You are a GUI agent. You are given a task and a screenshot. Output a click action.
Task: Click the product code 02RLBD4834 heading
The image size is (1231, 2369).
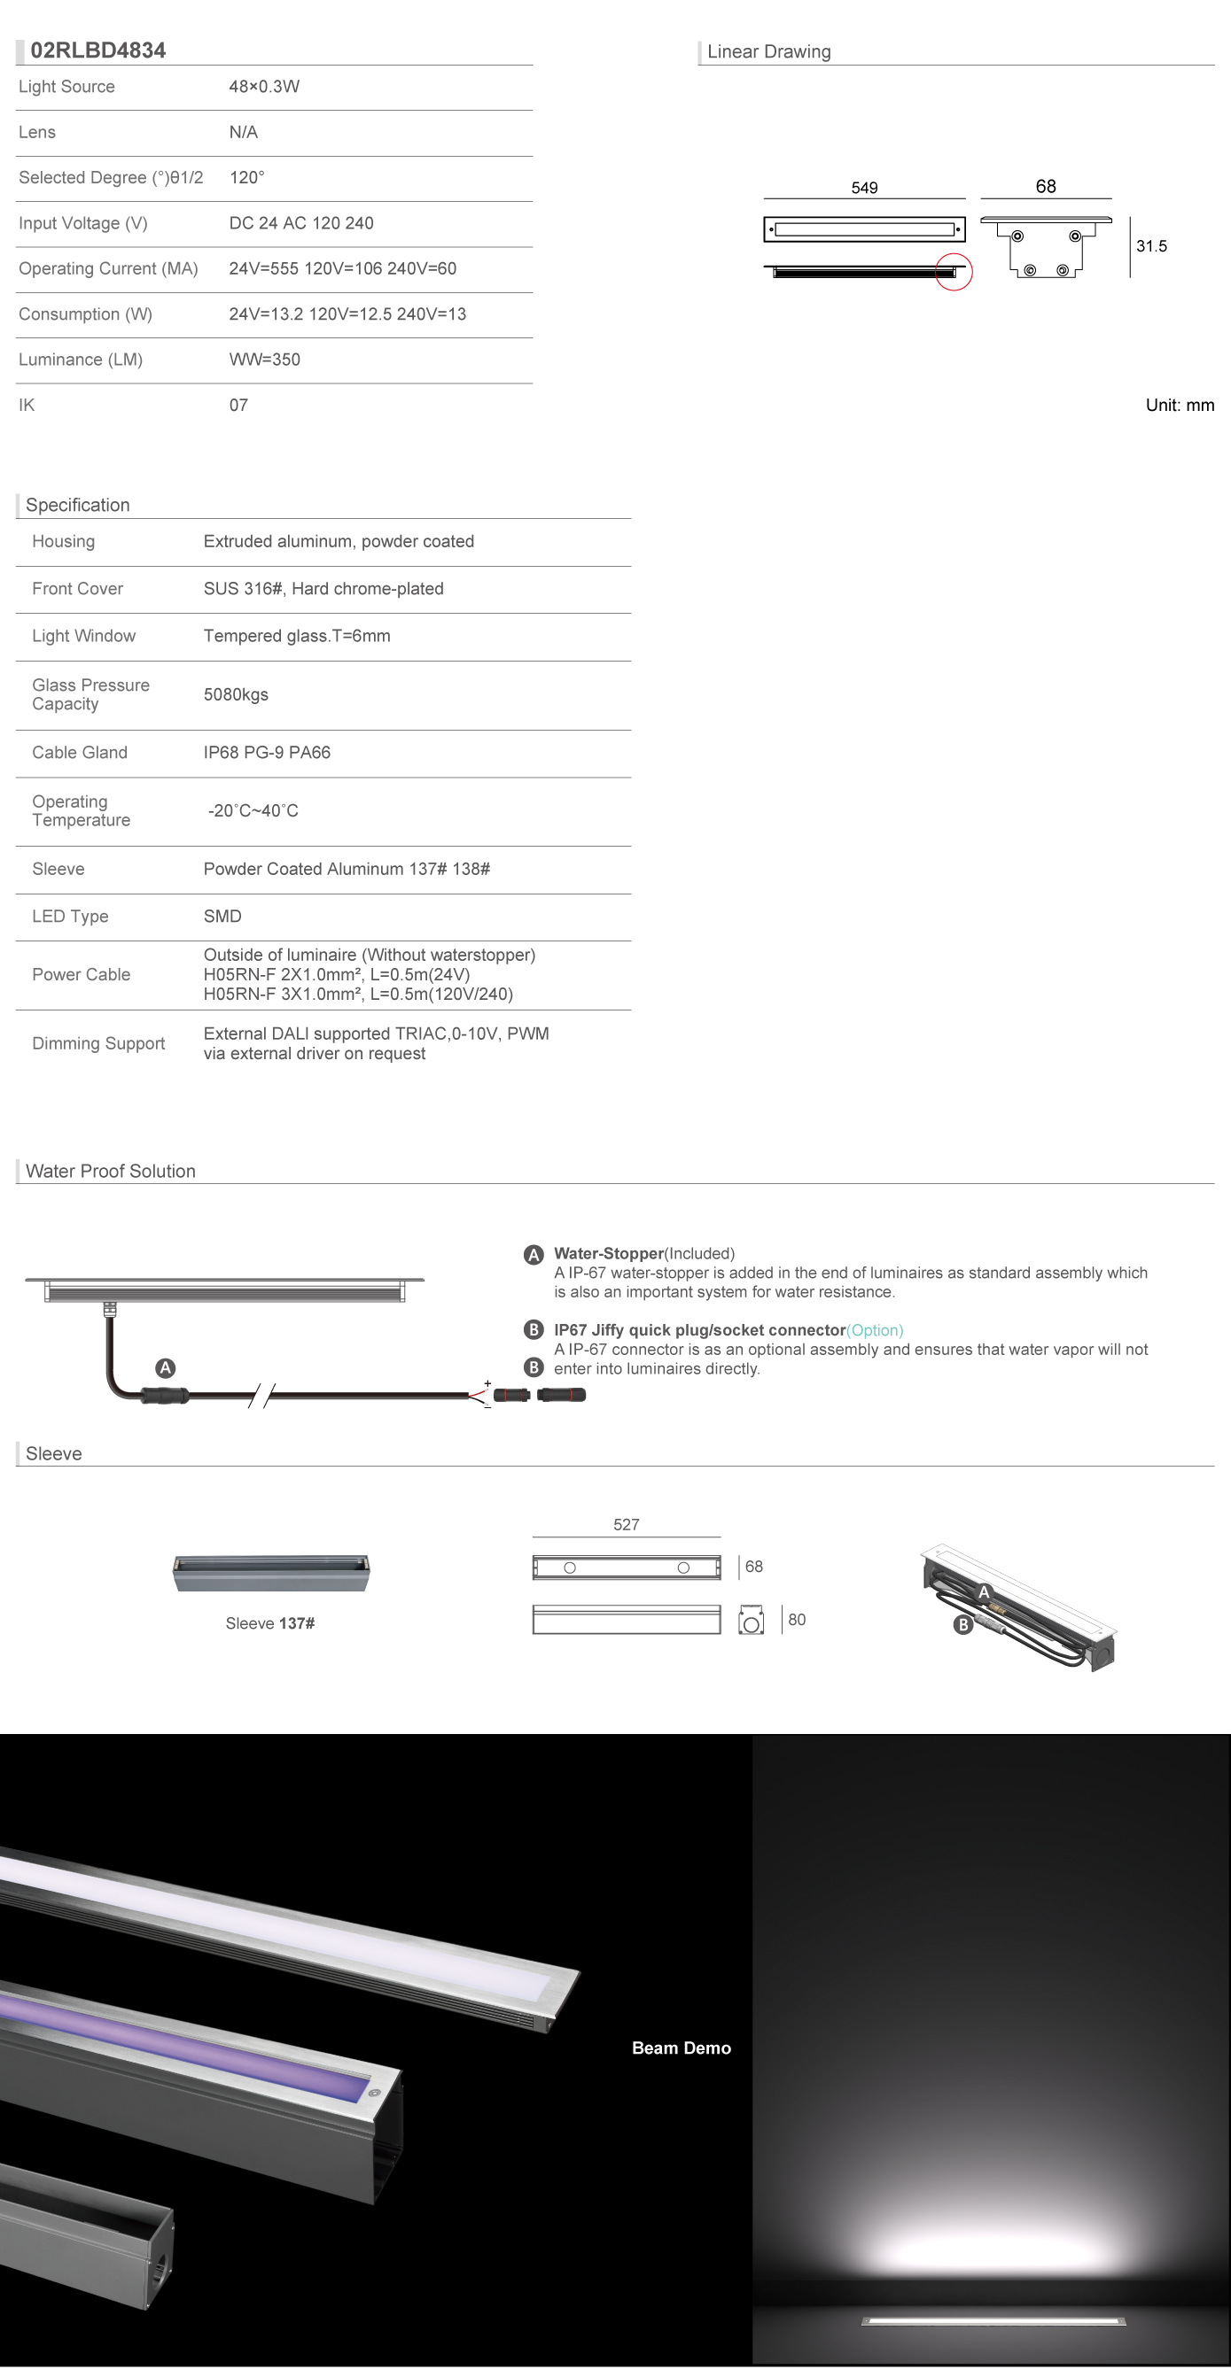[x=97, y=50]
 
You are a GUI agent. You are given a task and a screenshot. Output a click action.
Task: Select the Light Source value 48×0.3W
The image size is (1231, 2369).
[x=264, y=87]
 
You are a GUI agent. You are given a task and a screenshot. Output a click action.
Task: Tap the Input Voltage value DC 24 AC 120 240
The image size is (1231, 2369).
[x=300, y=223]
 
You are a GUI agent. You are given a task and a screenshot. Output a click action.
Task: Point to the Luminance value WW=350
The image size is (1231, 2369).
[x=264, y=360]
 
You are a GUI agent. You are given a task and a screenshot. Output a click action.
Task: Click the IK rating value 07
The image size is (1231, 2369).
[x=238, y=406]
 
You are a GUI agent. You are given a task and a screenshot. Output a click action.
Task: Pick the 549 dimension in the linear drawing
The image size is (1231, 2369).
[x=864, y=188]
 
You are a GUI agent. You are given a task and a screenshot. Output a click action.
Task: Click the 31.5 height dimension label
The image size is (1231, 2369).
[x=1151, y=246]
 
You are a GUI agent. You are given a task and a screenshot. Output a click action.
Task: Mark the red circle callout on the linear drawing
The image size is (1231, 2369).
[x=954, y=272]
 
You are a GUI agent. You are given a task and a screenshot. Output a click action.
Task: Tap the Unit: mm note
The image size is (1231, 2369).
[x=1180, y=406]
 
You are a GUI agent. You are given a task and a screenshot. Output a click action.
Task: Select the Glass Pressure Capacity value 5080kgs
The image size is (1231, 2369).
[x=236, y=695]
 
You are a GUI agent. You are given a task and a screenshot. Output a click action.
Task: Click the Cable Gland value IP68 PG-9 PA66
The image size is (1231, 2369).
[x=267, y=753]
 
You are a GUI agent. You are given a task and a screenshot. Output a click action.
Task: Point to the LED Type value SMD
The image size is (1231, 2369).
[x=222, y=917]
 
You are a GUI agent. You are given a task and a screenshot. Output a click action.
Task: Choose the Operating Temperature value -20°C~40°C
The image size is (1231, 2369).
[x=253, y=811]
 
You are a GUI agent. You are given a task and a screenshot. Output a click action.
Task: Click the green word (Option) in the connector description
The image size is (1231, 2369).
[x=875, y=1331]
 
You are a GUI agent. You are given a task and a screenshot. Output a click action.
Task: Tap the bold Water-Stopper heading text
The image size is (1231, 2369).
[x=608, y=1254]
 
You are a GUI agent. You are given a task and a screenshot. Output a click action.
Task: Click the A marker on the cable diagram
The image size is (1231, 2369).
[x=166, y=1368]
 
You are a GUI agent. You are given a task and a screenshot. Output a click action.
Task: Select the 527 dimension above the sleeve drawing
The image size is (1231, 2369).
[x=626, y=1525]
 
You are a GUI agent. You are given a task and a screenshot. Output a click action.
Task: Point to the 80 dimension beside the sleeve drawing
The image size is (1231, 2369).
[x=797, y=1620]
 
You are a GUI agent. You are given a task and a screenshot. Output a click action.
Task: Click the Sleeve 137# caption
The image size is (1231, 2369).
[x=269, y=1624]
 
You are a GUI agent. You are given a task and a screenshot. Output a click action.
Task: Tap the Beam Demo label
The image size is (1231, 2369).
[x=681, y=2048]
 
